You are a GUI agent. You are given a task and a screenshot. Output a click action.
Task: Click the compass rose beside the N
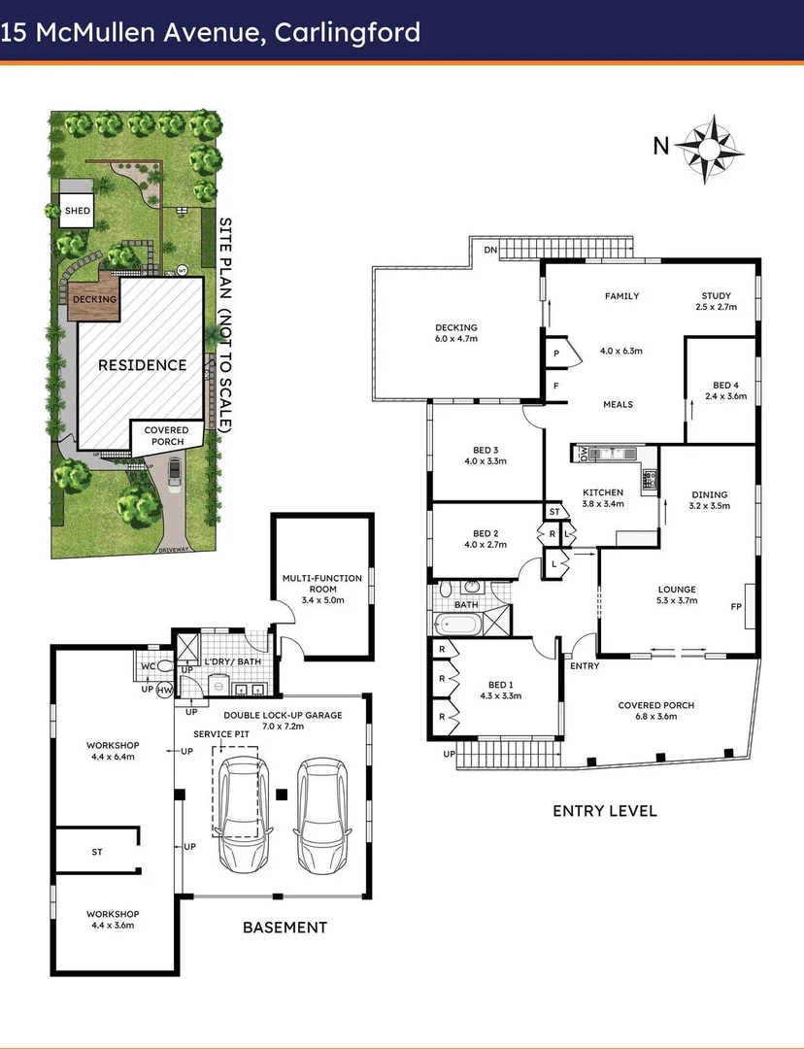tap(708, 148)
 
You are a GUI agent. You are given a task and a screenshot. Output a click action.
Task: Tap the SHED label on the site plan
tap(77, 211)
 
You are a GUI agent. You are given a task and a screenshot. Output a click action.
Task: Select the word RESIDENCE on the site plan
tap(142, 365)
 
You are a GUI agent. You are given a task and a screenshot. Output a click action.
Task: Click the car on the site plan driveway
tap(174, 471)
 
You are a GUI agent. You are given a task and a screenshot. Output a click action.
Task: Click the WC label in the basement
tap(148, 666)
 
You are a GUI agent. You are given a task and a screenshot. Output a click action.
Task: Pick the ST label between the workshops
tap(97, 852)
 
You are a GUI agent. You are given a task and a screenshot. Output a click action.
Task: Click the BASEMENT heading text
tap(285, 928)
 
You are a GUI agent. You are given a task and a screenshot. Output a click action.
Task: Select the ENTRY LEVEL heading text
tap(604, 810)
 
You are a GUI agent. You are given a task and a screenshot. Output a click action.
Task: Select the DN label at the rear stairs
tap(492, 250)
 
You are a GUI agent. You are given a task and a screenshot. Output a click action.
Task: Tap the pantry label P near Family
tap(556, 355)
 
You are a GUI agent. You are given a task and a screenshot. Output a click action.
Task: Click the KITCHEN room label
tap(603, 492)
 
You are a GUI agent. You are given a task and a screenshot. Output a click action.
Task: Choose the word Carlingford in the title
tap(347, 32)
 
